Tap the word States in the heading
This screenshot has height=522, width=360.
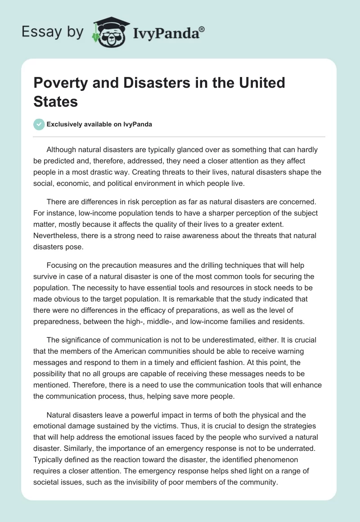(x=55, y=101)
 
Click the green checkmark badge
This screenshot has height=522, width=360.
(x=39, y=124)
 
